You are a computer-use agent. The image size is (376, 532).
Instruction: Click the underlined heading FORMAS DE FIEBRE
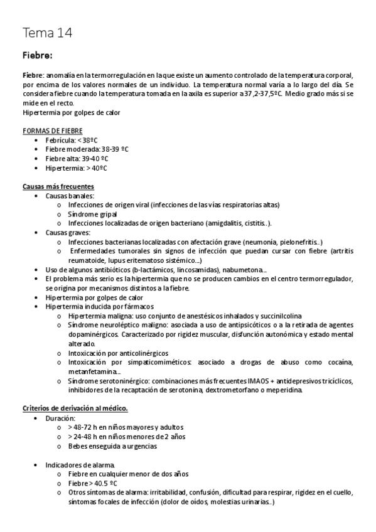(51, 130)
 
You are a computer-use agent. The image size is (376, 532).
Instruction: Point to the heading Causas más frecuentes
(58, 186)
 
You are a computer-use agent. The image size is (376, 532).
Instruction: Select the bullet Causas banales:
(70, 196)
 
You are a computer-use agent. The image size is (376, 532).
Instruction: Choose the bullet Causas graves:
(68, 233)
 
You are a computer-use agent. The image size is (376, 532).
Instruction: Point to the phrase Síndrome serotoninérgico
(110, 381)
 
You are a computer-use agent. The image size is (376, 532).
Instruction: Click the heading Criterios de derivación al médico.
(75, 408)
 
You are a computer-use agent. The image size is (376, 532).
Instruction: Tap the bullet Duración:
(61, 418)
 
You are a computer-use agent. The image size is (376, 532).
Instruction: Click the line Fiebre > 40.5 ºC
(94, 483)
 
